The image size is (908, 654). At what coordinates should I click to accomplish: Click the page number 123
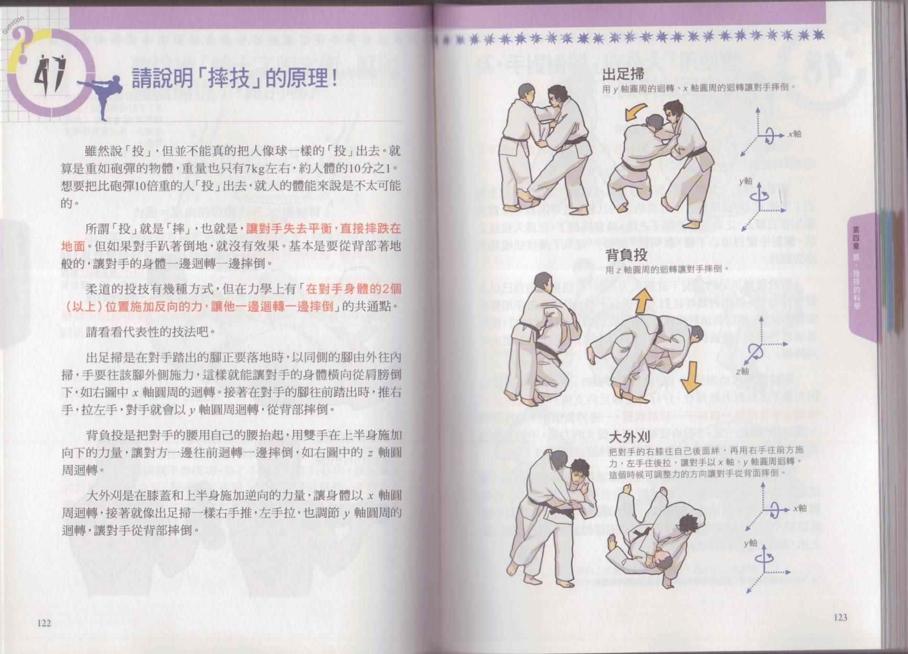(x=840, y=617)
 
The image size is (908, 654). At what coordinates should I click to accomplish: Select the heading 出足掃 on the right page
(x=623, y=74)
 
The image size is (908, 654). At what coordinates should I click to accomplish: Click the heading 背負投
(x=627, y=256)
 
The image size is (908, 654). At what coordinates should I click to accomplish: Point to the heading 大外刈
(x=630, y=437)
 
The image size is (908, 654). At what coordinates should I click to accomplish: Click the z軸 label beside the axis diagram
(x=742, y=371)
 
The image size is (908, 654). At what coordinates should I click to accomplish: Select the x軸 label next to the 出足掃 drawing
(x=794, y=134)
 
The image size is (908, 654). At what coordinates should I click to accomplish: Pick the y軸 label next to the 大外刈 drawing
(x=750, y=543)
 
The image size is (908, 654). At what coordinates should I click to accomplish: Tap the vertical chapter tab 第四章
(x=856, y=235)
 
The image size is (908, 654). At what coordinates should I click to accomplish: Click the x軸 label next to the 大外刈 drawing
(x=799, y=508)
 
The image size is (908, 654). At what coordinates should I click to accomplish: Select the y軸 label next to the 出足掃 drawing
(x=746, y=181)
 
